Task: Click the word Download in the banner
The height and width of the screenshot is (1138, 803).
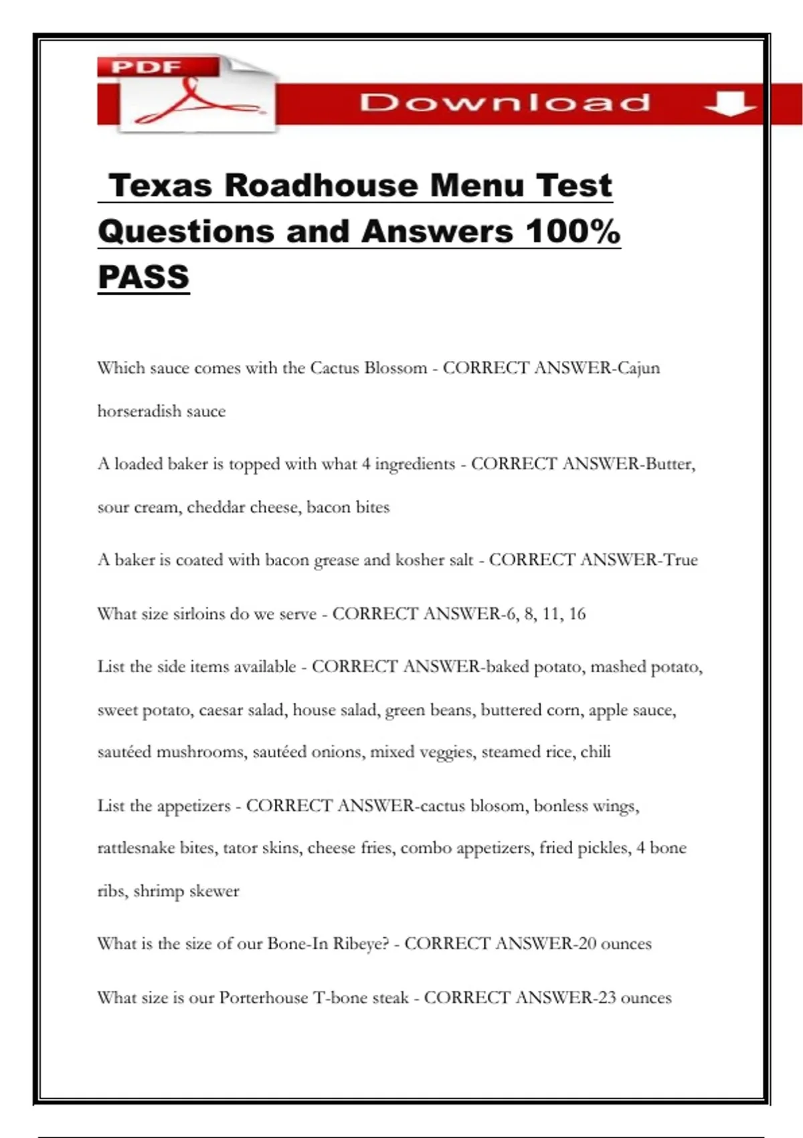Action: [x=505, y=102]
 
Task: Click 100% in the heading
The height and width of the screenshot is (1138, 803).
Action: [x=573, y=232]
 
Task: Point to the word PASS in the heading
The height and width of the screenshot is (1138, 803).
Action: [x=144, y=277]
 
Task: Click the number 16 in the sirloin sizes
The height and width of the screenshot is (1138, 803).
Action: [x=577, y=614]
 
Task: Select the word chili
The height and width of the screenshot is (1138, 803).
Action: [x=596, y=752]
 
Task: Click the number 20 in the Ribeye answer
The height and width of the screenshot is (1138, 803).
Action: [x=587, y=944]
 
